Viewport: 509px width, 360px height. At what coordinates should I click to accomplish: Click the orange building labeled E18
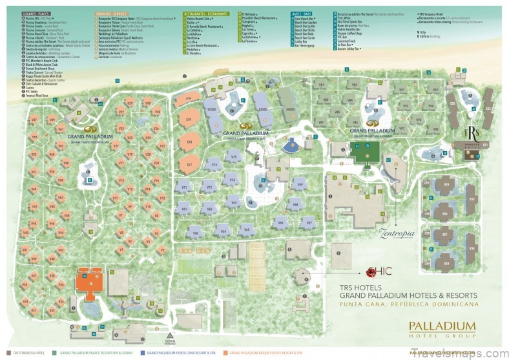pos(189,141)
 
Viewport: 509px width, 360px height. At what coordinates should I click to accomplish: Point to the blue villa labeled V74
pos(215,166)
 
